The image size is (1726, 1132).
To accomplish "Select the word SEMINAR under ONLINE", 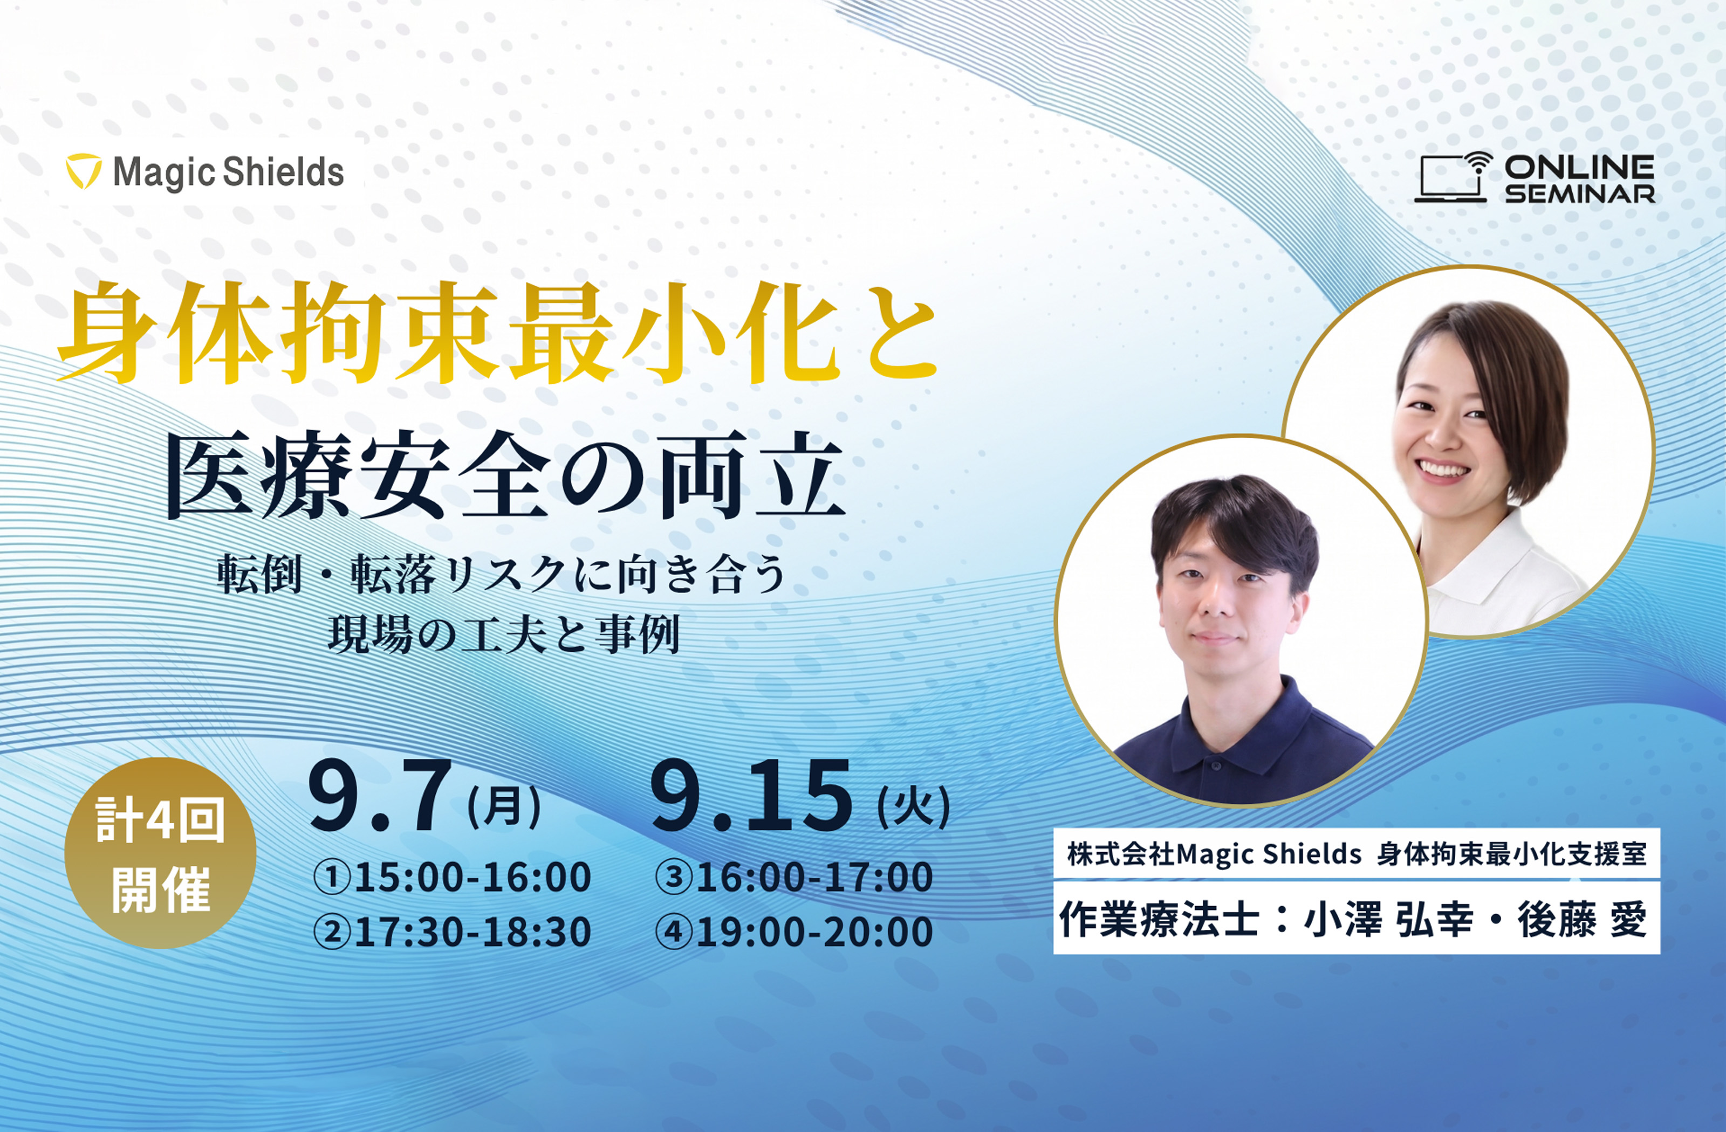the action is [1579, 194].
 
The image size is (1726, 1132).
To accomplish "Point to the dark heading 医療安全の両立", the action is [506, 476].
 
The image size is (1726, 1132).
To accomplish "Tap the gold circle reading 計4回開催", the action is [160, 853].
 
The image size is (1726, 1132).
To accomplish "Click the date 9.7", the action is [377, 797].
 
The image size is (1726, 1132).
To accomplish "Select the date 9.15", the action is [751, 797].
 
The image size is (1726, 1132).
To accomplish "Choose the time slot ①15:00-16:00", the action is [452, 877].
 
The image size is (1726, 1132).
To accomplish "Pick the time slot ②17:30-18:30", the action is [452, 931].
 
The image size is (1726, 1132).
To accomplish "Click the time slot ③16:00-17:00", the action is [793, 877].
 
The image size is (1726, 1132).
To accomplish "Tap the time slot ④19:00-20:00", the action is [793, 931].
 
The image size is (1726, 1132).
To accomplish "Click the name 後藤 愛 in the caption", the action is [1583, 920].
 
